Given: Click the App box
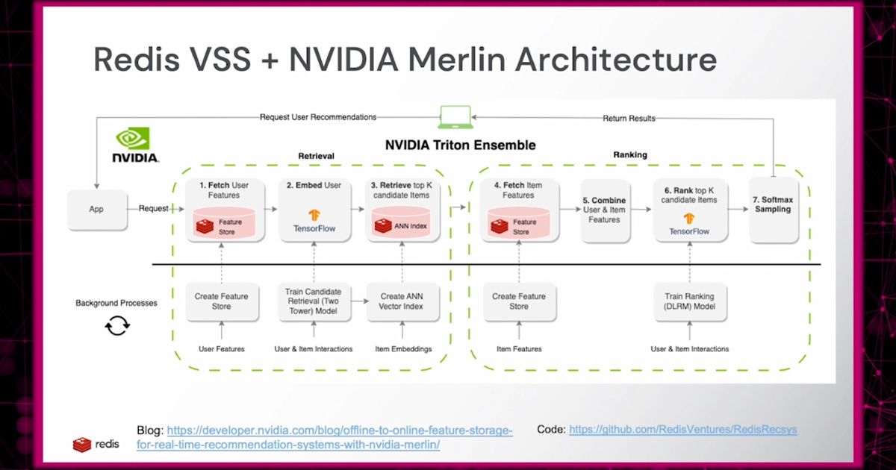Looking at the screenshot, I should pyautogui.click(x=96, y=210).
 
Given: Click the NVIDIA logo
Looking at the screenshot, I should pyautogui.click(x=134, y=145).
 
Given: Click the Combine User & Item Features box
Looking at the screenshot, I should pyautogui.click(x=604, y=210).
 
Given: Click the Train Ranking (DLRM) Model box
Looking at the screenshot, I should pyautogui.click(x=689, y=301).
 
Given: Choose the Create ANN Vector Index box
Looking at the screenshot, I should pyautogui.click(x=402, y=301).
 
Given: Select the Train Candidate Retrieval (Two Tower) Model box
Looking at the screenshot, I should pyautogui.click(x=314, y=301).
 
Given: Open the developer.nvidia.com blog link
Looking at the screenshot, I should pyautogui.click(x=325, y=437).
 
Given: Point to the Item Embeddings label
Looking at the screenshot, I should pyautogui.click(x=402, y=349).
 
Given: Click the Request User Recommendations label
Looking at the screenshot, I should pyautogui.click(x=318, y=117).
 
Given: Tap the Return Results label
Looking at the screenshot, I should pyautogui.click(x=629, y=118).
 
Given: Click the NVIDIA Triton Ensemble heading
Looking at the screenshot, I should pyautogui.click(x=460, y=145).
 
